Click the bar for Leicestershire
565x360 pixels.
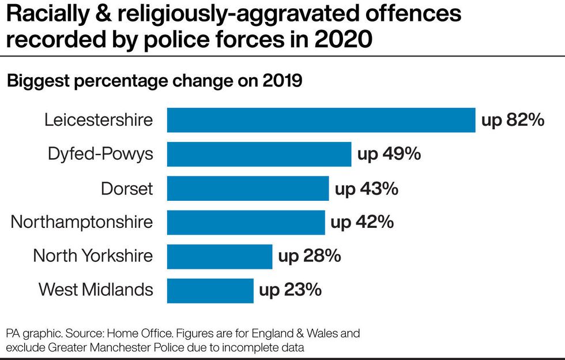pos(321,120)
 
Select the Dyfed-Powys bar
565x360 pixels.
pos(259,154)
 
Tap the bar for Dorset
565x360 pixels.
pos(248,188)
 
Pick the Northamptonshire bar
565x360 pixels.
pos(246,222)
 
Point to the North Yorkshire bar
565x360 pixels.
pos(220,256)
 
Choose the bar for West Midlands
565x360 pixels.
pos(210,290)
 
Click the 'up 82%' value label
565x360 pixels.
pos(513,120)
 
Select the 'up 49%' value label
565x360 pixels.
pos(389,154)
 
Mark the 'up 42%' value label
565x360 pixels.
pos(363,222)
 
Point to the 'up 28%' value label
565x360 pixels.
pos(310,256)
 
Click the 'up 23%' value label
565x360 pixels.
pos(290,290)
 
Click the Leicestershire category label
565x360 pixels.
pos(99,120)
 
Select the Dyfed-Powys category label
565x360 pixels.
pos(101,154)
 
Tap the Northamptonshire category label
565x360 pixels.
pos(82,222)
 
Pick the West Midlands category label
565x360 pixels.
pos(96,290)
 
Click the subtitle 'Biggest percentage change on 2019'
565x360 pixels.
pos(155,81)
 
